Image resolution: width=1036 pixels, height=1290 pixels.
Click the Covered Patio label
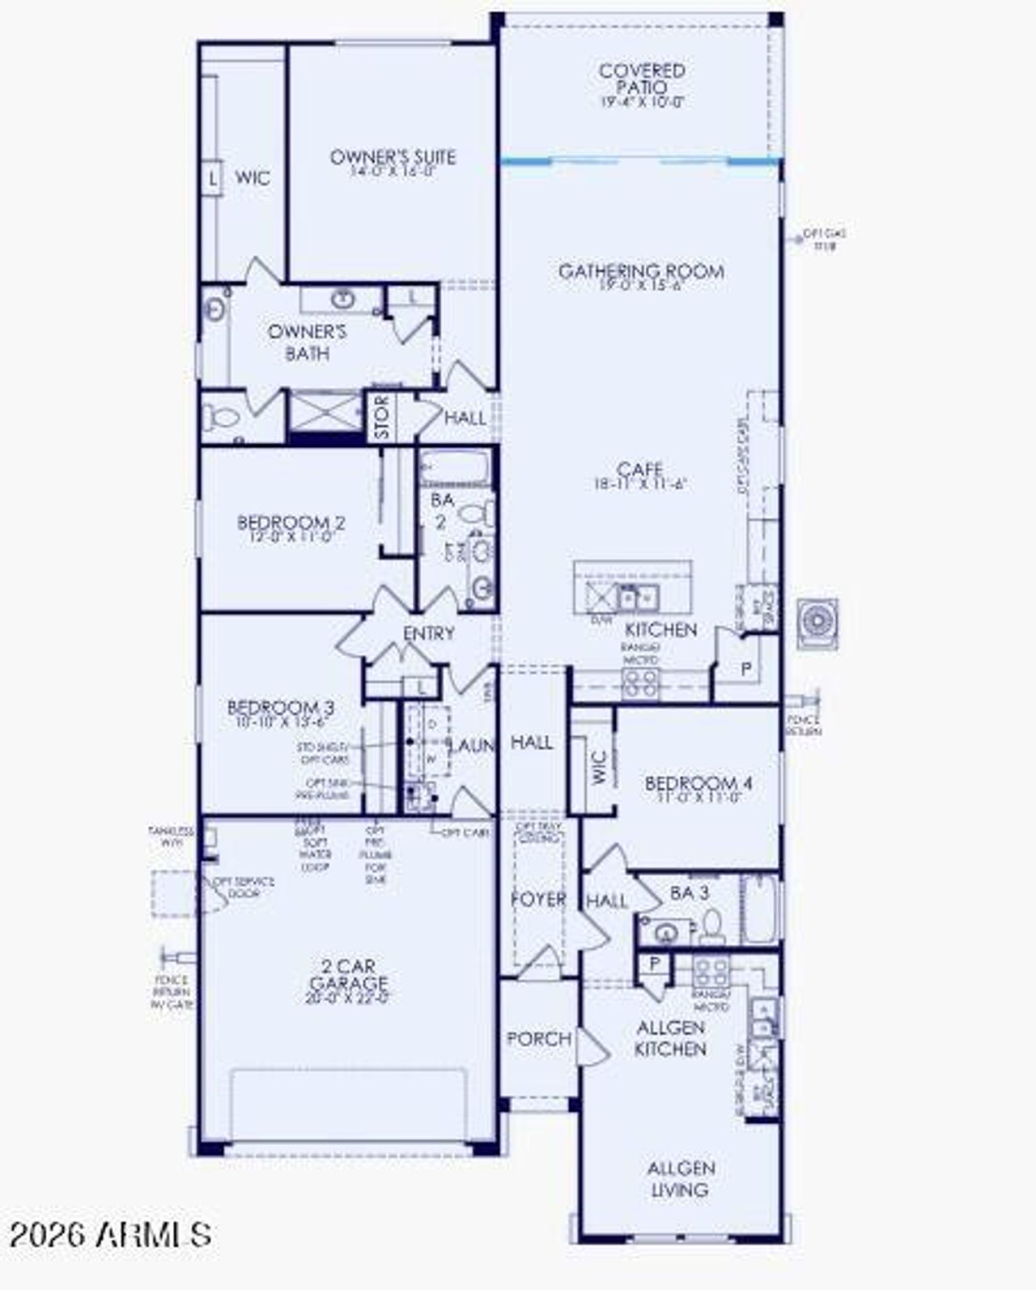click(x=642, y=79)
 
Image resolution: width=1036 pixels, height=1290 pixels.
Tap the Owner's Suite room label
click(x=393, y=158)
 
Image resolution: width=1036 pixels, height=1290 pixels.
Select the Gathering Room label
click(x=641, y=272)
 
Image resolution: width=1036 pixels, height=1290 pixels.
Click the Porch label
click(x=538, y=1039)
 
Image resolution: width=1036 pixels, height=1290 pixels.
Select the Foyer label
click(x=538, y=900)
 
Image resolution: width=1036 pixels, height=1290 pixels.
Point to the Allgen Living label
click(x=681, y=1179)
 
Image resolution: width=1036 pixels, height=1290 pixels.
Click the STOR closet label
click(x=382, y=418)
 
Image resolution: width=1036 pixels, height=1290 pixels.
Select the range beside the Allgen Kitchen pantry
click(x=711, y=970)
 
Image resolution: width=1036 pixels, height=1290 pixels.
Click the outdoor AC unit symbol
click(x=817, y=624)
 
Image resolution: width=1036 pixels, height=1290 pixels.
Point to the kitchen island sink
click(x=638, y=598)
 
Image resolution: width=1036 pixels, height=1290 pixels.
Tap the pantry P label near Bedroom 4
click(x=745, y=669)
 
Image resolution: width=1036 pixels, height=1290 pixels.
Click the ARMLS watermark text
click(x=110, y=1234)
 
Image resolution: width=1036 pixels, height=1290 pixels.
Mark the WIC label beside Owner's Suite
click(x=252, y=178)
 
